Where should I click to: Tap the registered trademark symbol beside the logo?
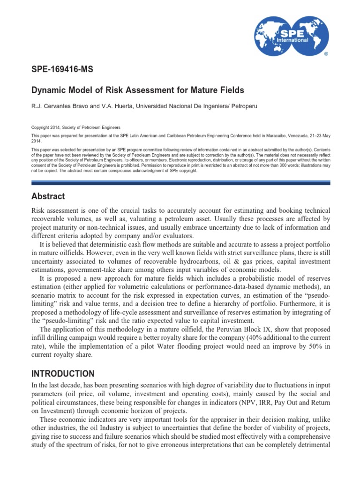(x=326, y=54)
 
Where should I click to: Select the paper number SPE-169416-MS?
(x=62, y=70)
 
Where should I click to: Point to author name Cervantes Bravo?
(x=62, y=106)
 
